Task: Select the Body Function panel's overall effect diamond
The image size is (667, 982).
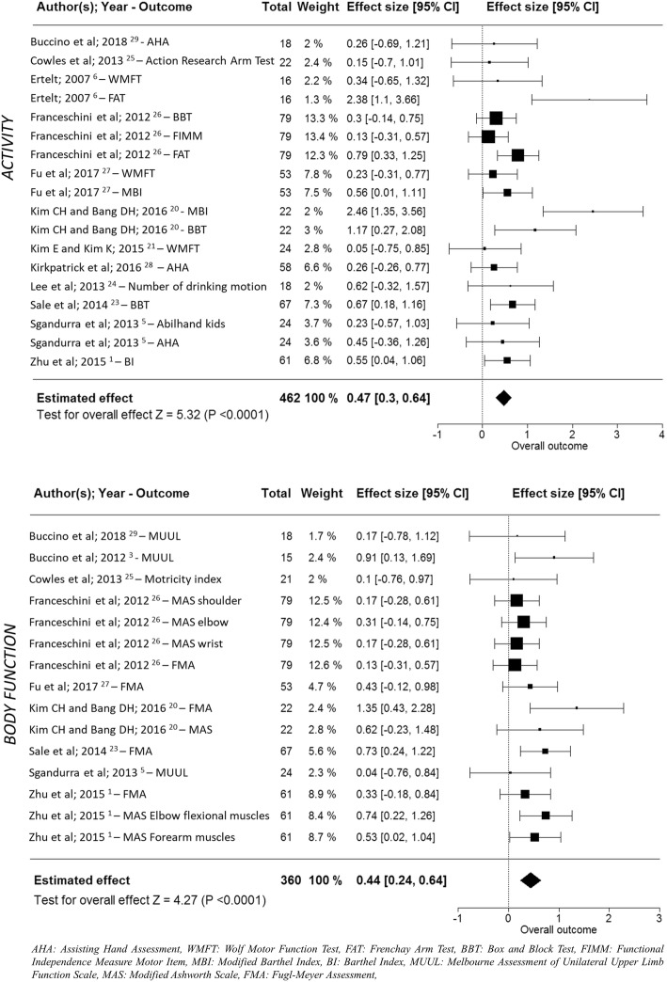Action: point(530,907)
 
